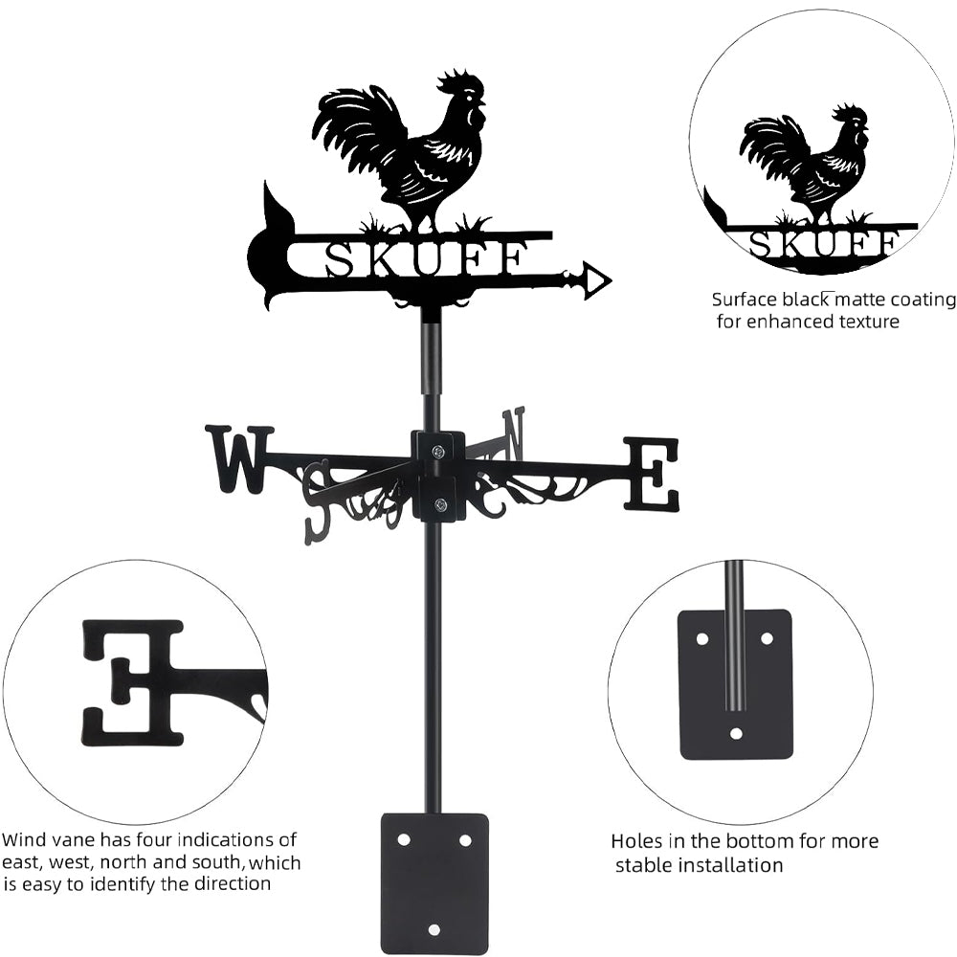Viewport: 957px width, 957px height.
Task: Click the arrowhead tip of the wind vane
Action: tap(612, 280)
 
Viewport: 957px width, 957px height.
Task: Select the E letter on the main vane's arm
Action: tap(651, 473)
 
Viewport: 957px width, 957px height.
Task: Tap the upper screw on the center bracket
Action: tap(439, 451)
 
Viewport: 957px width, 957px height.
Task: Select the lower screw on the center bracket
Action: tap(439, 504)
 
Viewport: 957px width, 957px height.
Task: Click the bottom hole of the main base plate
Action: tap(434, 929)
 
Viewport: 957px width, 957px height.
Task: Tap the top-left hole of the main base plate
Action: tap(404, 840)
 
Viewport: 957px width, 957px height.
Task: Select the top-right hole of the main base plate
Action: tap(465, 840)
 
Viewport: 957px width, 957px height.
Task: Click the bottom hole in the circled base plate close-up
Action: tap(736, 733)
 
